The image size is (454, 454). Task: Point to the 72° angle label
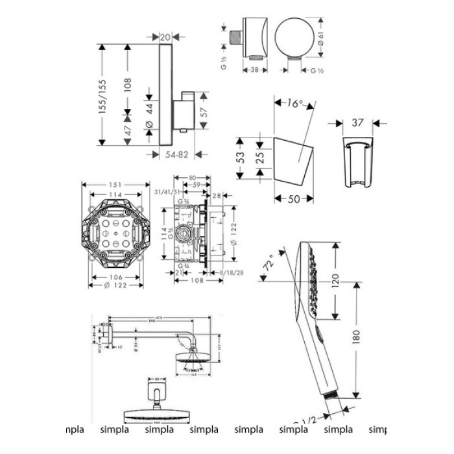coord(267,266)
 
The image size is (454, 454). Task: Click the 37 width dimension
coord(356,121)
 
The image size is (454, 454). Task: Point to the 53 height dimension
coord(241,157)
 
